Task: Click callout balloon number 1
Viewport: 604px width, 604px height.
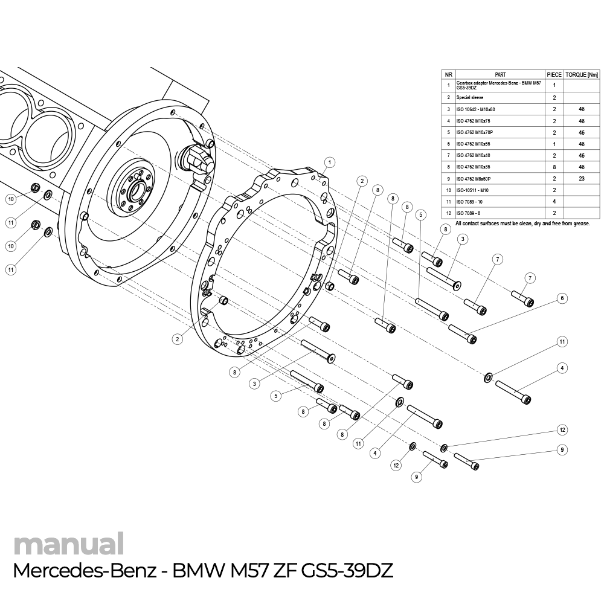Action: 329,162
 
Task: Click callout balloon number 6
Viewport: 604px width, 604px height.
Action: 562,298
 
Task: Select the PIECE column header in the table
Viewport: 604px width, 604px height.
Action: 554,74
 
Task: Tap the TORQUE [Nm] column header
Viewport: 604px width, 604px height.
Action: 582,74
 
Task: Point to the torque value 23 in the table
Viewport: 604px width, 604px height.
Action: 582,179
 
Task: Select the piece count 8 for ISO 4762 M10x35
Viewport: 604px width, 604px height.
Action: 554,167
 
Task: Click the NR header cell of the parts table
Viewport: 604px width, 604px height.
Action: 448,74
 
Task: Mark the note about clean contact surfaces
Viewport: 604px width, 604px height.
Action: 522,223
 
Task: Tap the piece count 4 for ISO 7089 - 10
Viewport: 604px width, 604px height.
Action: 554,202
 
